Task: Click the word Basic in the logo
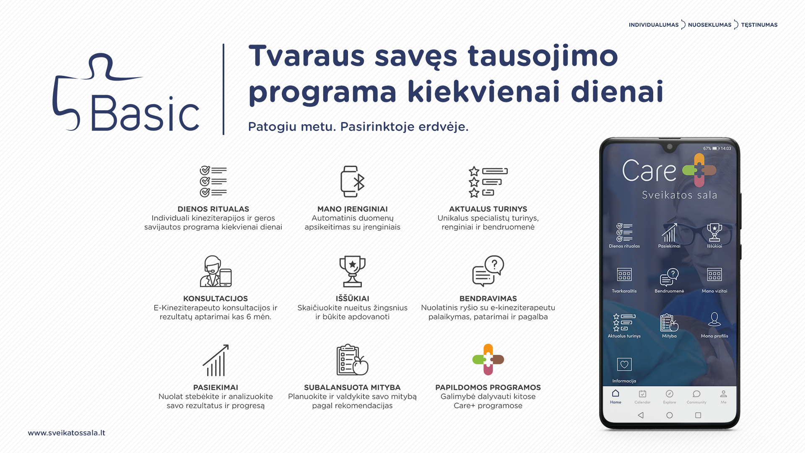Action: point(145,113)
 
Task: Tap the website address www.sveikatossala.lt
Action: point(67,433)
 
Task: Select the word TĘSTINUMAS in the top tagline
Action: point(759,25)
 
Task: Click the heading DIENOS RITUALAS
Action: point(213,209)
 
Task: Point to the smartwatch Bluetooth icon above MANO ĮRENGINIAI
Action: point(353,181)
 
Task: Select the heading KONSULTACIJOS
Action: point(216,299)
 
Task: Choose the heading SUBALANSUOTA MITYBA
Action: point(352,388)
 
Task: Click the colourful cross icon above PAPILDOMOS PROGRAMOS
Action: point(488,359)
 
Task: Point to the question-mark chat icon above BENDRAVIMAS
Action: point(488,271)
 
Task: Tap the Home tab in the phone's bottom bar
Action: point(615,396)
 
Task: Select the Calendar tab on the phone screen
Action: point(642,396)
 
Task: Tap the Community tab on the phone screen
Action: point(696,396)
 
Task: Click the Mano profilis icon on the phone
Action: point(714,319)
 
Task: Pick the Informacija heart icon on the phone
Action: point(624,364)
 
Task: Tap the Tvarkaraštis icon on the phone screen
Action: point(624,275)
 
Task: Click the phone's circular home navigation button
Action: point(670,415)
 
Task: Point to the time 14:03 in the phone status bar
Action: point(726,148)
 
